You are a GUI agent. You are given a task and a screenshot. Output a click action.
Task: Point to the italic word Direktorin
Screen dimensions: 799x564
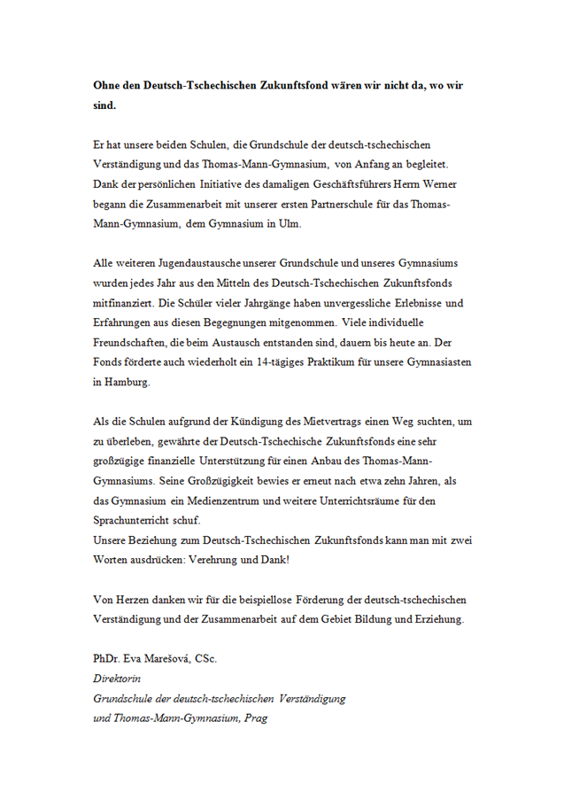[117, 679]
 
